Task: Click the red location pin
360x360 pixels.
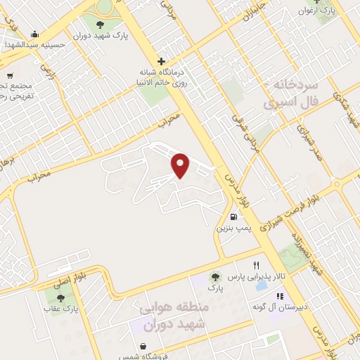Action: coord(181,165)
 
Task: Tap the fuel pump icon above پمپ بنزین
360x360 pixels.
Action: coord(233,217)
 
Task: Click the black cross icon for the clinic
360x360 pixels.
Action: coord(161,61)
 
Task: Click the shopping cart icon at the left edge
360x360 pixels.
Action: coord(9,76)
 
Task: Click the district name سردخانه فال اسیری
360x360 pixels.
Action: coord(291,94)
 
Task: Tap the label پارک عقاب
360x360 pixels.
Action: coord(67,308)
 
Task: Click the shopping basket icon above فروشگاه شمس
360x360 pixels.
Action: coord(143,347)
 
